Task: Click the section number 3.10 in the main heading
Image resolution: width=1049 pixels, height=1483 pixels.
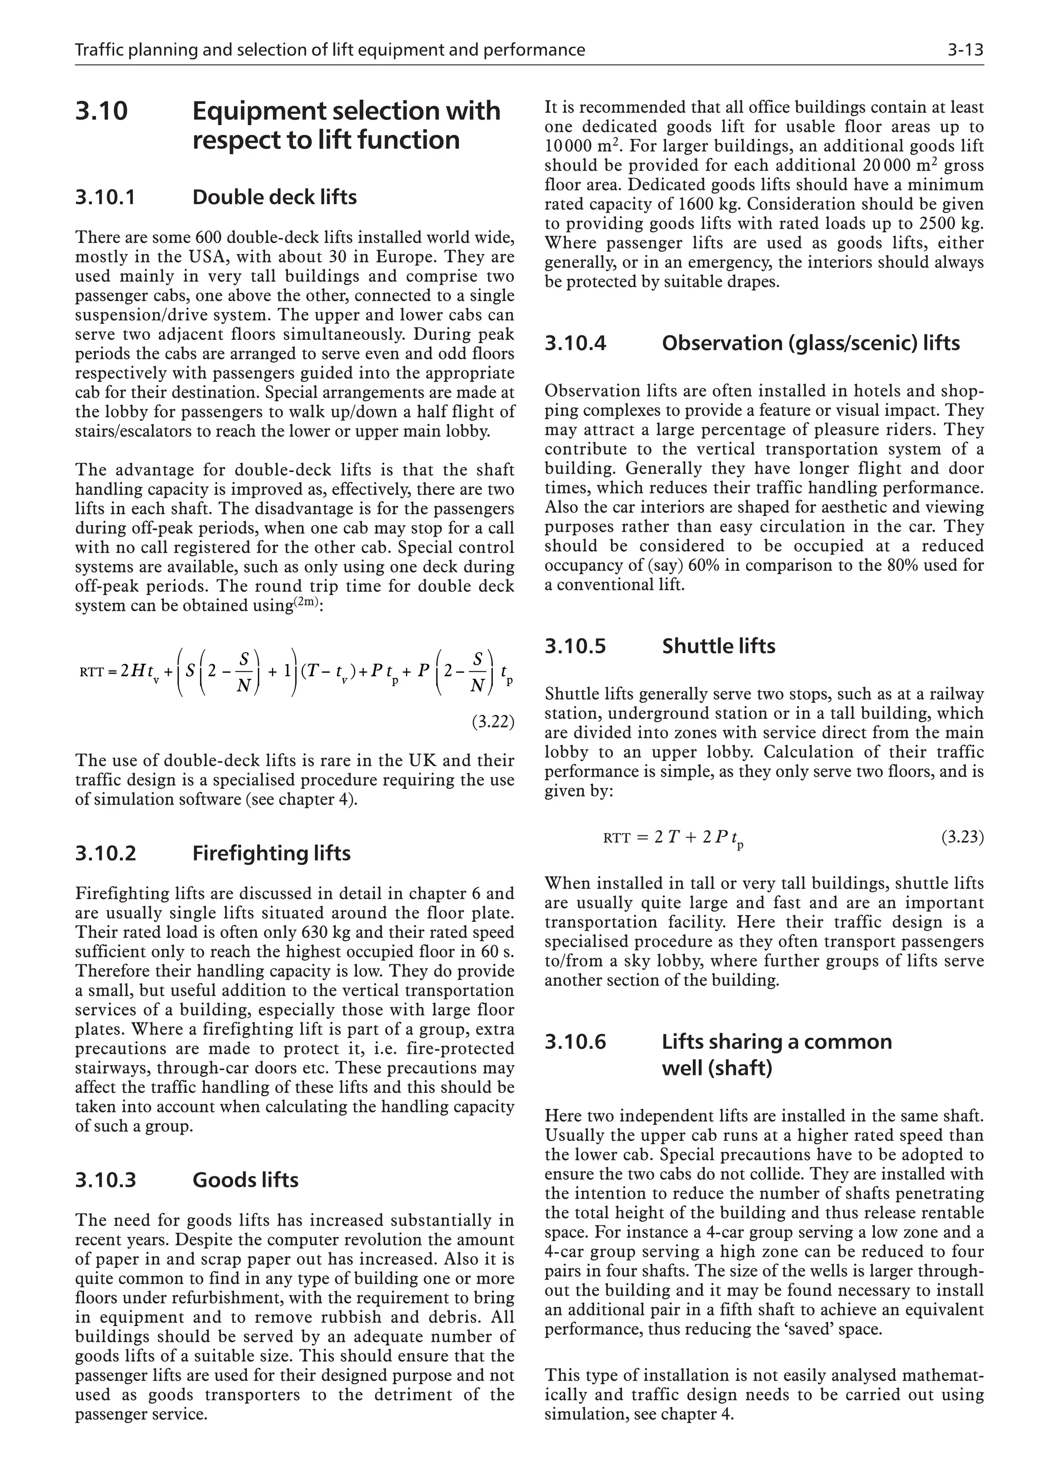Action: [101, 111]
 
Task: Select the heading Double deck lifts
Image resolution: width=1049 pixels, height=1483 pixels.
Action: [274, 197]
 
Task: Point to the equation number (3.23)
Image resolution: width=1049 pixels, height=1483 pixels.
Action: [962, 838]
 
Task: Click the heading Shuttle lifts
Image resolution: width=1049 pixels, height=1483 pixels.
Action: [718, 646]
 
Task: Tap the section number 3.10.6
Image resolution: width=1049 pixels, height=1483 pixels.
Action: [575, 1041]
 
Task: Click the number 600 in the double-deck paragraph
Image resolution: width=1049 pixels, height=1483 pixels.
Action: [209, 238]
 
